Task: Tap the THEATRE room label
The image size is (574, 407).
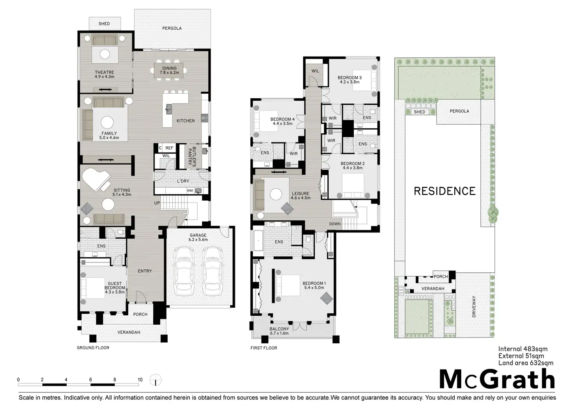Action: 104,72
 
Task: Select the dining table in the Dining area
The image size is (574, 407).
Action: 168,70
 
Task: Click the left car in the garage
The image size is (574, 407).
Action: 184,271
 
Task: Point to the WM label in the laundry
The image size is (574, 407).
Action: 190,190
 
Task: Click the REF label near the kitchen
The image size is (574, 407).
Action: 169,148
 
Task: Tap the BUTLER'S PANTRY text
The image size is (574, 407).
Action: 192,157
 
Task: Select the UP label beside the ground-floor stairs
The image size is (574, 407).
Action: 157,203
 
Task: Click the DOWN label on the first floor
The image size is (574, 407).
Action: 335,224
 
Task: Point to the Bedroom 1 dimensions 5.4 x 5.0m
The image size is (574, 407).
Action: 314,288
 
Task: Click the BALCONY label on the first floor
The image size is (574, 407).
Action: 279,329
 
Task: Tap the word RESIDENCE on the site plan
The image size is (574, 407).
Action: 445,191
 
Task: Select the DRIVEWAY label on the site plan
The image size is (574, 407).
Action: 474,306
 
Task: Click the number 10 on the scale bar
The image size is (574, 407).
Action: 140,380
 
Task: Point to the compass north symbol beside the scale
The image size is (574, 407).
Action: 156,380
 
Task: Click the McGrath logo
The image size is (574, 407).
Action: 497,379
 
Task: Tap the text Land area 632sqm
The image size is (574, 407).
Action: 526,363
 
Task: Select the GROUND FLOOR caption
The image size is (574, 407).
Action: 93,348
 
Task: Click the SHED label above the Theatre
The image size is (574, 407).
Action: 104,23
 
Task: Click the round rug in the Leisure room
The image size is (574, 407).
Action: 276,194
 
